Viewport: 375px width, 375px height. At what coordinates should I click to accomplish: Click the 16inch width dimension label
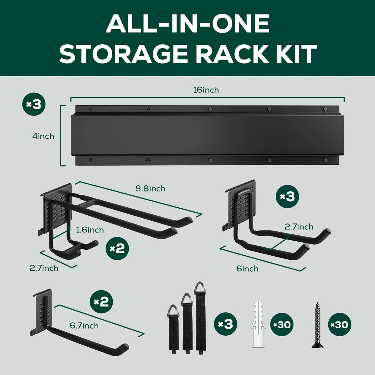click(x=206, y=90)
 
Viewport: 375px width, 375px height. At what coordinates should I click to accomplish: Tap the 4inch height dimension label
click(x=43, y=136)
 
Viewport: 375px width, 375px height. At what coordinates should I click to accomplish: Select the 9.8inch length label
click(x=150, y=188)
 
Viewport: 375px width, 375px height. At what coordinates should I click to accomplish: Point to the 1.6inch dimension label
click(x=90, y=230)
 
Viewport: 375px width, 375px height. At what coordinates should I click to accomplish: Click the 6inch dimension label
click(x=247, y=269)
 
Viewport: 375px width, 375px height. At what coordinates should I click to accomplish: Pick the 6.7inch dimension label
click(x=84, y=326)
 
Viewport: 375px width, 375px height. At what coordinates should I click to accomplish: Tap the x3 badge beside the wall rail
click(x=34, y=104)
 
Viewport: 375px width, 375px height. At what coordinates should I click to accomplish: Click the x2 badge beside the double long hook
click(x=117, y=249)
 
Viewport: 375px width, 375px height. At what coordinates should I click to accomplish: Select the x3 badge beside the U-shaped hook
click(x=287, y=197)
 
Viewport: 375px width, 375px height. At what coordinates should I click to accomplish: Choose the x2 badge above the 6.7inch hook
click(x=101, y=302)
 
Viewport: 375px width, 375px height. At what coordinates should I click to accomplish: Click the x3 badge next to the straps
click(x=226, y=324)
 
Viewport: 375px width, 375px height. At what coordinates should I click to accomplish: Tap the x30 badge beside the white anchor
click(x=282, y=324)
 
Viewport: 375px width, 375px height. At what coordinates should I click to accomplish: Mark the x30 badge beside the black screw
click(x=340, y=324)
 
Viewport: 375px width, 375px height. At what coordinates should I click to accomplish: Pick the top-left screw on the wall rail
click(x=90, y=108)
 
